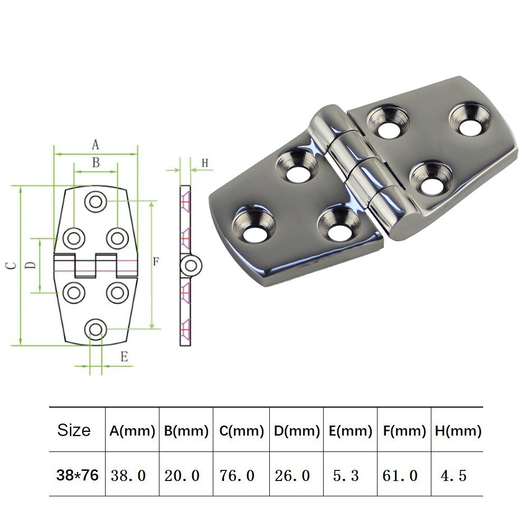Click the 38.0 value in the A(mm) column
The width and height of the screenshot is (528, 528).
pos(128,475)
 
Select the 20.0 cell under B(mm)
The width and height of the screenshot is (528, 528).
pos(183,475)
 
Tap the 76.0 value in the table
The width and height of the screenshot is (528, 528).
pos(237,475)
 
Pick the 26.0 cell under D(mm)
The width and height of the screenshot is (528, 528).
pos(293,475)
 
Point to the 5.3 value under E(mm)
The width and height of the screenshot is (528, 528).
pos(346,475)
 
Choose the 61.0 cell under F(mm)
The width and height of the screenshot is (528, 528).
pos(400,475)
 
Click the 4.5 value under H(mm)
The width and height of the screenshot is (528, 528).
pos(454,475)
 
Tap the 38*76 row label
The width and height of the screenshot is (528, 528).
pos(78,475)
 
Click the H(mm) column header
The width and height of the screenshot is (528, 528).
pos(458,431)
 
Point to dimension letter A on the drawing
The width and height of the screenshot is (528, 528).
pos(96,144)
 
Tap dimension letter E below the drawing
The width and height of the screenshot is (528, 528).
pos(124,357)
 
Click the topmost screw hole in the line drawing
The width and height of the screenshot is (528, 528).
pos(96,202)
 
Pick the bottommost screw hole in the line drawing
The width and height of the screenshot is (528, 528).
pos(96,328)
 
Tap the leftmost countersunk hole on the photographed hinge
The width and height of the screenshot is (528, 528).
pos(254,224)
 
